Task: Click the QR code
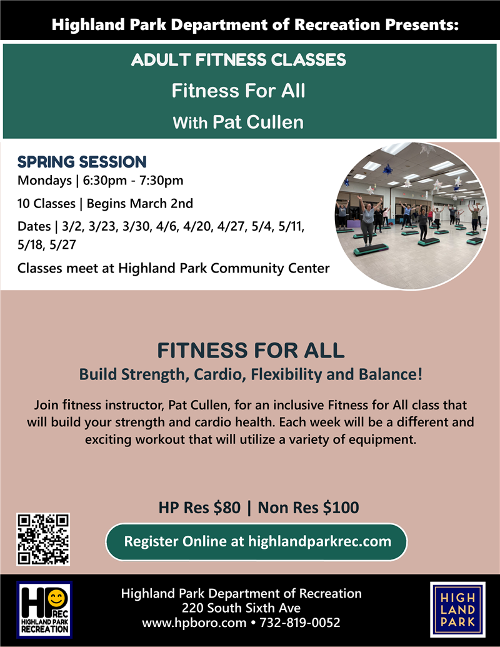tap(43, 539)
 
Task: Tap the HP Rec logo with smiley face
tap(44, 609)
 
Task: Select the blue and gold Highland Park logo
tap(457, 609)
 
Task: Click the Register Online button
tap(256, 542)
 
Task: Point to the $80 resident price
tap(227, 508)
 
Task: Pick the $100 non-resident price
tap(341, 508)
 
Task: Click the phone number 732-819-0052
tap(300, 623)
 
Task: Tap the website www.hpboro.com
tap(194, 623)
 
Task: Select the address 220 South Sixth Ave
tap(241, 608)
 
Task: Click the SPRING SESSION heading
tap(82, 162)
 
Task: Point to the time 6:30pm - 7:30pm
tap(133, 180)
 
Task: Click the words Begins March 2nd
tap(140, 203)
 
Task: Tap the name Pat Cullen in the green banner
tap(258, 122)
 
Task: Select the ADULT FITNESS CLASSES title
tap(239, 60)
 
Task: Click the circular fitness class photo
tap(411, 216)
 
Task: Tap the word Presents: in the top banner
tap(422, 25)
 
